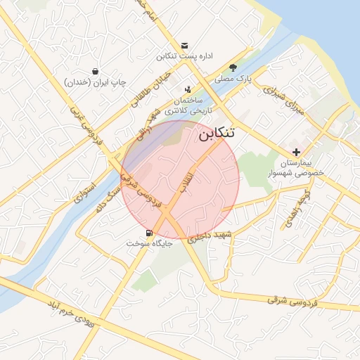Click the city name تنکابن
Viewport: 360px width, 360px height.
coord(216,134)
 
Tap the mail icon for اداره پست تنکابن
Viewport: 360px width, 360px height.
coord(184,45)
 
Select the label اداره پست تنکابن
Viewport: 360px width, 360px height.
coord(184,56)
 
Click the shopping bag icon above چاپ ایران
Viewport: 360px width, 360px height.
coord(95,71)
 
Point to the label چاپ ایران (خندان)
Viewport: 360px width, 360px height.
coord(95,82)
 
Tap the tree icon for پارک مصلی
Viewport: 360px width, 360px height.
coord(233,67)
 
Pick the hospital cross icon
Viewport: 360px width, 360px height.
coord(296,152)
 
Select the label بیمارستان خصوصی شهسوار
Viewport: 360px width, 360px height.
coord(295,167)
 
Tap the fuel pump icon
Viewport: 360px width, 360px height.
coord(148,233)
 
